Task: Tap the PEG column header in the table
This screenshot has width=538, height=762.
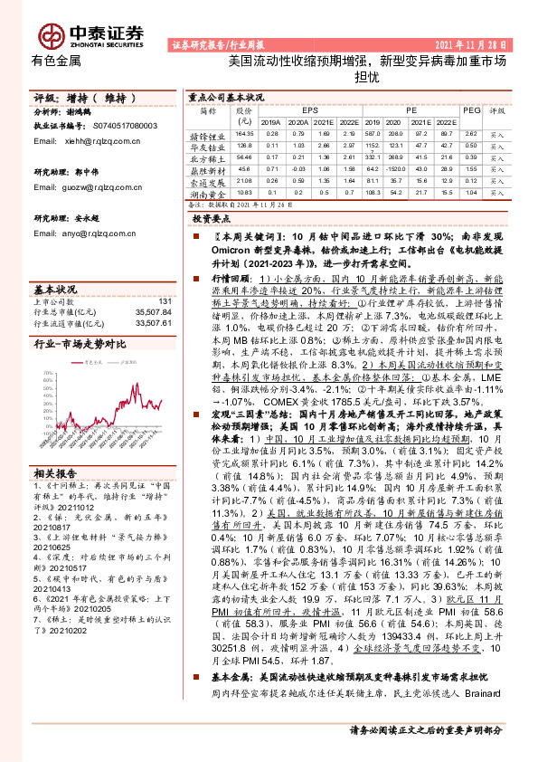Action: [x=471, y=110]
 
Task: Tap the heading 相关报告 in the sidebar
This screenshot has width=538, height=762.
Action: [x=55, y=473]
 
